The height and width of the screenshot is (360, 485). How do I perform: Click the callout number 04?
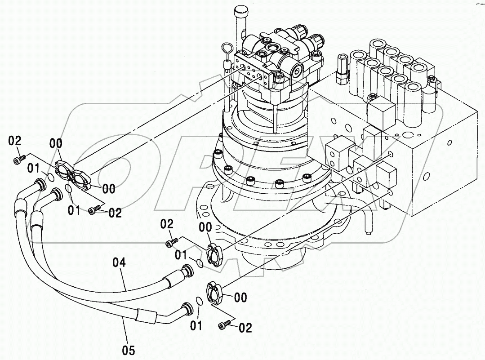coord(119,262)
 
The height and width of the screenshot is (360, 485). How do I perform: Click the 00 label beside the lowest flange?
coord(241,297)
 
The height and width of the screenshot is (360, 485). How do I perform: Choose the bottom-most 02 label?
coord(245,328)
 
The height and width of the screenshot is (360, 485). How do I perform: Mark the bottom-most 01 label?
coord(196,325)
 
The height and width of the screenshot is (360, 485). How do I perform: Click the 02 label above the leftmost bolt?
coord(15,141)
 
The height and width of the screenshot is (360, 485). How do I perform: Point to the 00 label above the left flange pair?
coord(56,144)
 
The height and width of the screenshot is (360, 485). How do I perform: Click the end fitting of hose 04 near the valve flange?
coord(186,271)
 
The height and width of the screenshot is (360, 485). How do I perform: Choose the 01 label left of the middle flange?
coord(181,255)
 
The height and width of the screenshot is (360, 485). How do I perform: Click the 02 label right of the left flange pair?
coord(115,213)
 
